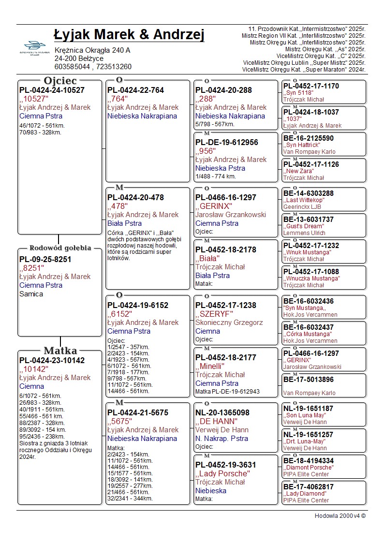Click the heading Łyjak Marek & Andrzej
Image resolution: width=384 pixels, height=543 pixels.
click(x=129, y=35)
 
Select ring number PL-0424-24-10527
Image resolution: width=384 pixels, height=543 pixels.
click(x=52, y=90)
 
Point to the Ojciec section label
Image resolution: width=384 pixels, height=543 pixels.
click(x=60, y=80)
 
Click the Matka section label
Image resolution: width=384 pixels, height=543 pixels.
click(x=60, y=351)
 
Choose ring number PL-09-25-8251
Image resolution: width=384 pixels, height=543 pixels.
click(x=45, y=259)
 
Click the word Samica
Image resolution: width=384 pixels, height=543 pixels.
click(x=31, y=294)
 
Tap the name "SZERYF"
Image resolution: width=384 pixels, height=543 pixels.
click(x=214, y=314)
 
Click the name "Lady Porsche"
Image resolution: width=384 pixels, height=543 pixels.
click(x=222, y=473)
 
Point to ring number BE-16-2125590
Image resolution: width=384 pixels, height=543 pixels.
click(x=308, y=138)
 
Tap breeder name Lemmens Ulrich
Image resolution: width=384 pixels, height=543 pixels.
click(x=305, y=233)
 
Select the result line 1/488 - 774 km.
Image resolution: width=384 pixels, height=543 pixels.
click(x=216, y=176)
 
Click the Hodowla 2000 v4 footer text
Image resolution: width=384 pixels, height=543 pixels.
click(x=340, y=515)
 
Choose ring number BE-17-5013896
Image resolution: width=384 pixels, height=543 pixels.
click(x=308, y=380)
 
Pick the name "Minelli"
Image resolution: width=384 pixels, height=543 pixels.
click(x=209, y=366)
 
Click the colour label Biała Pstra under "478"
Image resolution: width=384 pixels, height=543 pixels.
click(x=124, y=223)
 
